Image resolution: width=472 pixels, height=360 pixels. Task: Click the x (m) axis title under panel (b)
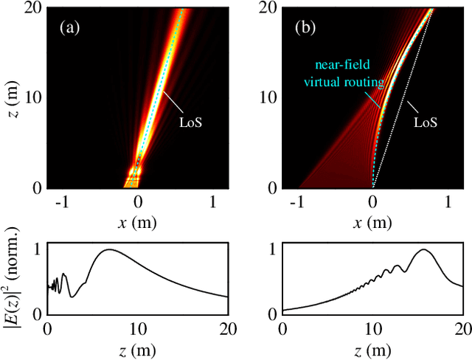point(372,221)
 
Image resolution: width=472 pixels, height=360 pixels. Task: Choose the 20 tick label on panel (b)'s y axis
point(268,7)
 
